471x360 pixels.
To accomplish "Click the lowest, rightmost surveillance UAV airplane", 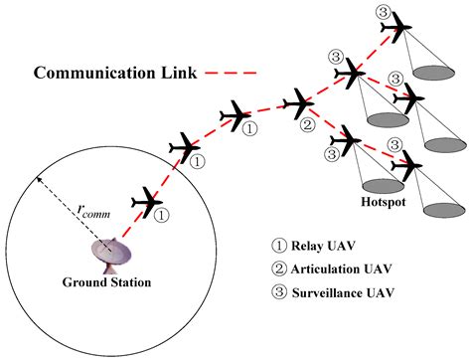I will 408,162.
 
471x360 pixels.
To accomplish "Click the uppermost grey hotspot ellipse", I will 435,72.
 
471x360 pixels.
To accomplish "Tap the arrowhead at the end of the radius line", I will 39,178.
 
